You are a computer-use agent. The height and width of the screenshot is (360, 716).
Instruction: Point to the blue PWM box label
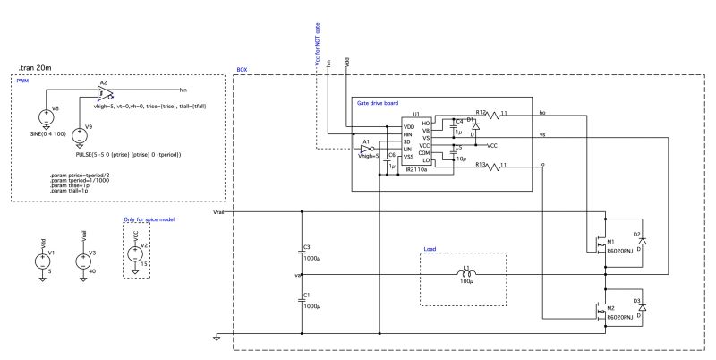pos(22,81)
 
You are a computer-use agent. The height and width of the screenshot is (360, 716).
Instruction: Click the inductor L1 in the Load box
pos(465,274)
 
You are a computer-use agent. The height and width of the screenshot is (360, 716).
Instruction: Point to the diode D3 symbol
pos(642,307)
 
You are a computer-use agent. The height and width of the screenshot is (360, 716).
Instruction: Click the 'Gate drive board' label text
pos(378,104)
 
